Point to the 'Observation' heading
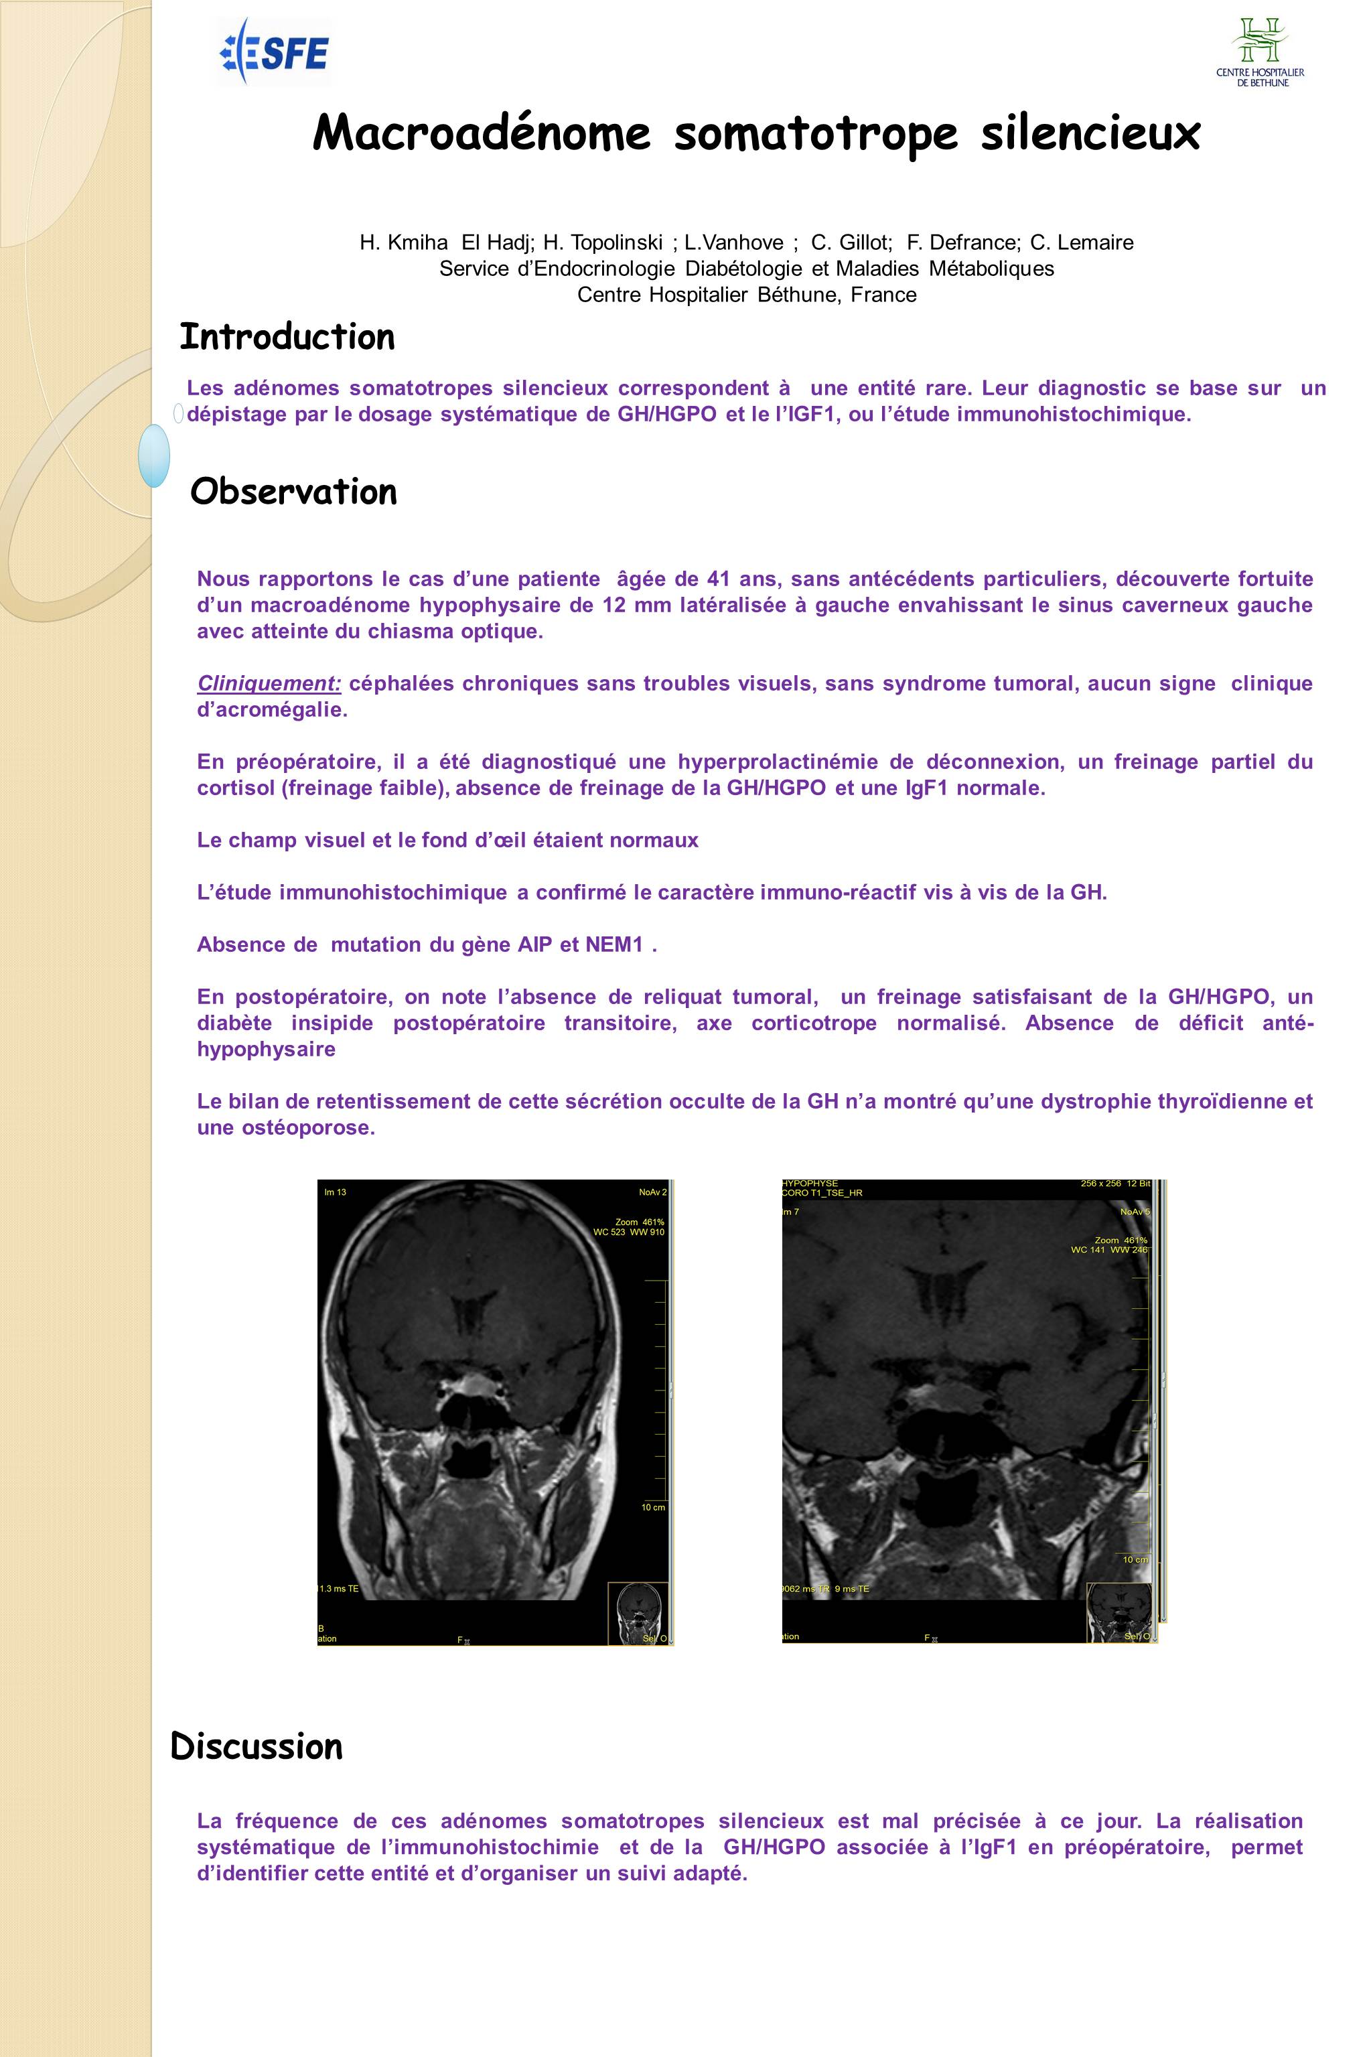click(294, 492)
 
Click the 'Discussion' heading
click(257, 1747)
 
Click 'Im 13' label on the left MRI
click(336, 1192)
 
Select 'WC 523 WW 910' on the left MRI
click(630, 1232)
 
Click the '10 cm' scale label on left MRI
click(653, 1507)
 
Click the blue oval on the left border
click(154, 455)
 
